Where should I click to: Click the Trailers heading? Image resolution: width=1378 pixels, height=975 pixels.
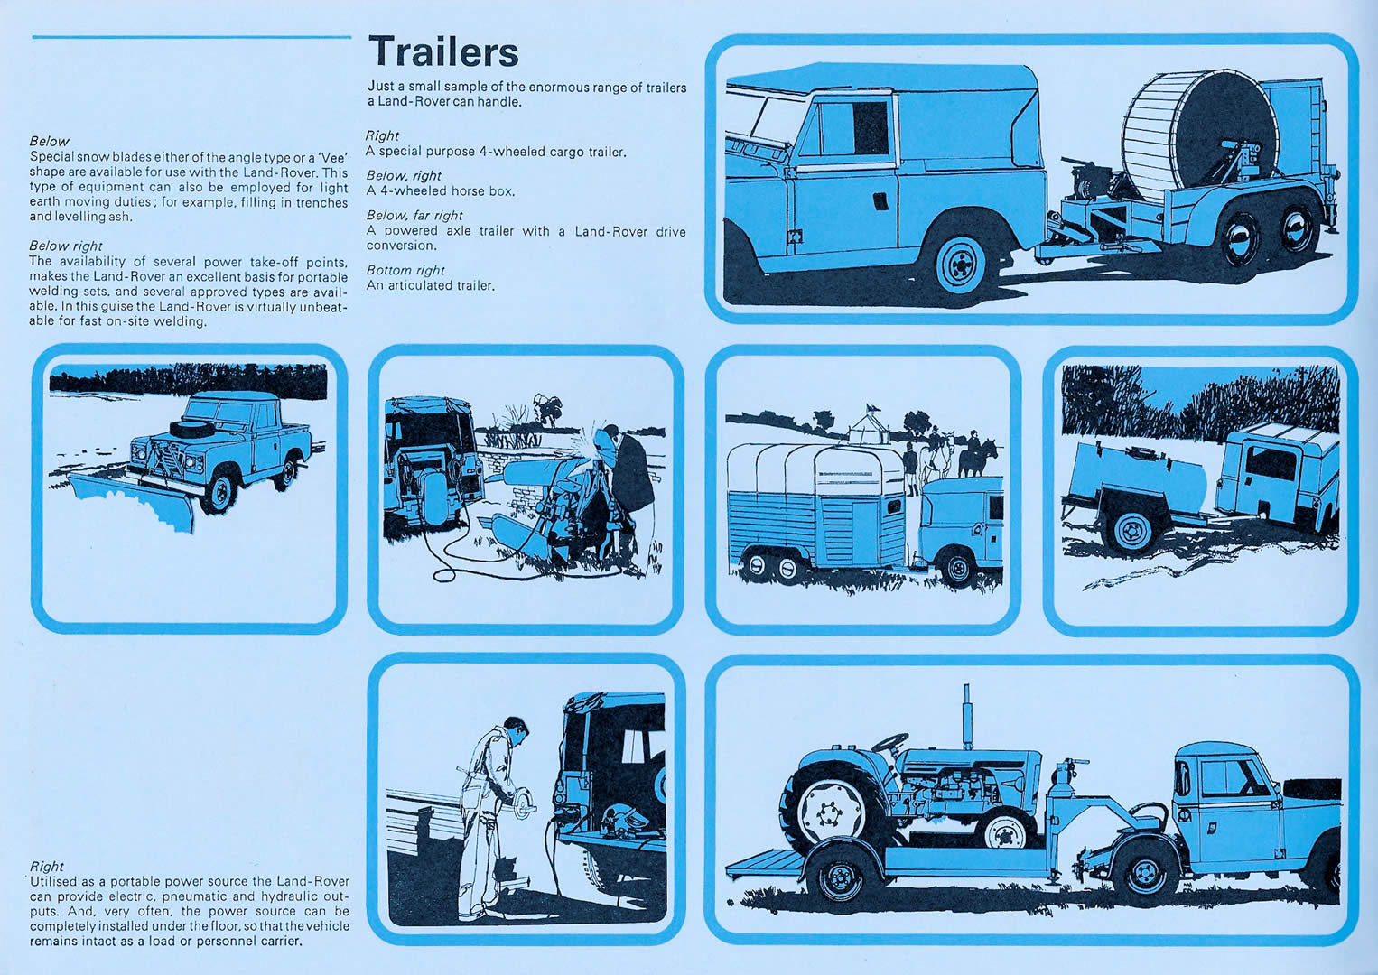coord(443,51)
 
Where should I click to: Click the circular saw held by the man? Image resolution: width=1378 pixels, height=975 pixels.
coord(524,804)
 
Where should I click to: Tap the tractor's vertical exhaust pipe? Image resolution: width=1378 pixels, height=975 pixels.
coord(967,716)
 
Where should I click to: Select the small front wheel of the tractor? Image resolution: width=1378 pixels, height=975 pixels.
coord(1004,829)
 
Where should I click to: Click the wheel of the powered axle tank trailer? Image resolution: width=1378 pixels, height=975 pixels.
coord(1132,530)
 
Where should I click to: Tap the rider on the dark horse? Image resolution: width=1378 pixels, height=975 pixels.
coord(973,443)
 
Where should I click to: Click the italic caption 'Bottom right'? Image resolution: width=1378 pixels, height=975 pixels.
coord(405,270)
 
